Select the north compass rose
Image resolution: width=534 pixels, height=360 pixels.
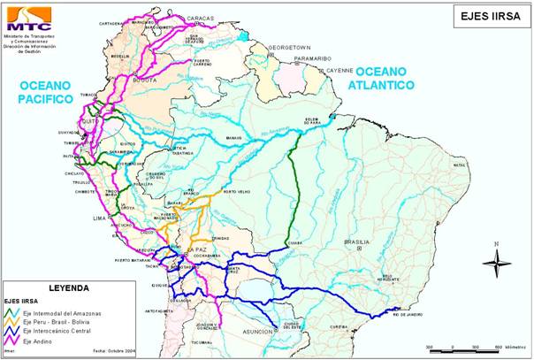coord(497,260)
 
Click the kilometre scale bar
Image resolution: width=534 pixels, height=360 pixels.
coord(465,349)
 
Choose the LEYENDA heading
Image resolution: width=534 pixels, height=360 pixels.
coord(69,289)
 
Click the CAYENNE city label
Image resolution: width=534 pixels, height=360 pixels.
coord(339,69)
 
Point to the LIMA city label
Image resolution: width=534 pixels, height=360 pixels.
coord(100,216)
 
